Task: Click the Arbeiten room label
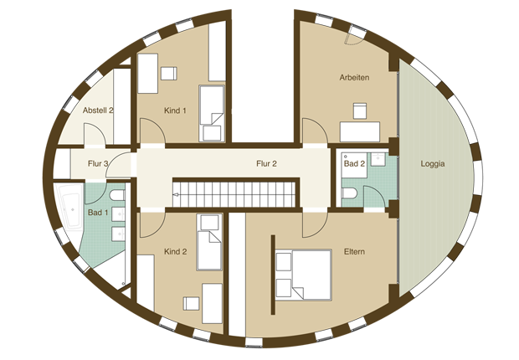tap(354, 78)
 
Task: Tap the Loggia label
tap(433, 163)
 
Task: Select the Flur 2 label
tap(266, 163)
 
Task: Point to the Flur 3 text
tap(98, 163)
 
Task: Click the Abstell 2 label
tap(98, 111)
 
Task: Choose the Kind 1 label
tap(175, 111)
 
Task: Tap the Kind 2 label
tap(176, 252)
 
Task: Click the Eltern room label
tap(354, 252)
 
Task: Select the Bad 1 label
tap(98, 213)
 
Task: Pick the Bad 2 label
tap(354, 163)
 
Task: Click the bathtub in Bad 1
tap(69, 208)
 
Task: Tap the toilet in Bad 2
tap(349, 193)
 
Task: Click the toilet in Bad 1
tap(117, 195)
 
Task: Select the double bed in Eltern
tap(304, 275)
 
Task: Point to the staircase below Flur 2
tap(234, 194)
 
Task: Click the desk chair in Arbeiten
tap(359, 111)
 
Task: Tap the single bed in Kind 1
tap(212, 114)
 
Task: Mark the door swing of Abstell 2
tap(95, 134)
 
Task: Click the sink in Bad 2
tap(378, 160)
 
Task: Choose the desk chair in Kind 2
tap(191, 304)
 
